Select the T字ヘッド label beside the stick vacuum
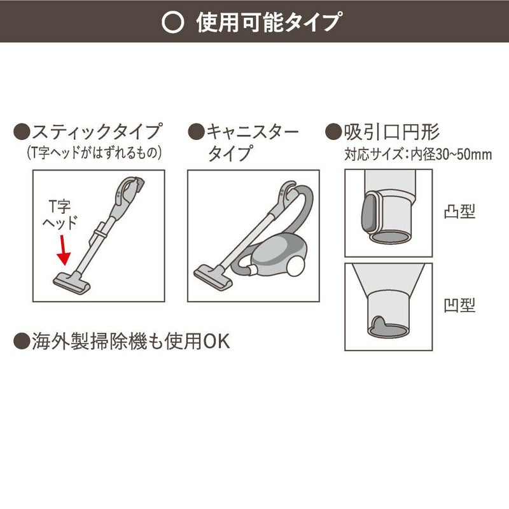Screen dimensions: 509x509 (60, 215)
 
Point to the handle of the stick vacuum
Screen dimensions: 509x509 (130, 186)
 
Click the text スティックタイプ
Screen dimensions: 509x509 (96, 132)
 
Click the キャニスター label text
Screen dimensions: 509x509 (251, 132)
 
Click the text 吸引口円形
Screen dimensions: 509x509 (391, 132)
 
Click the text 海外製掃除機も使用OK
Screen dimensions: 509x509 (130, 341)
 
